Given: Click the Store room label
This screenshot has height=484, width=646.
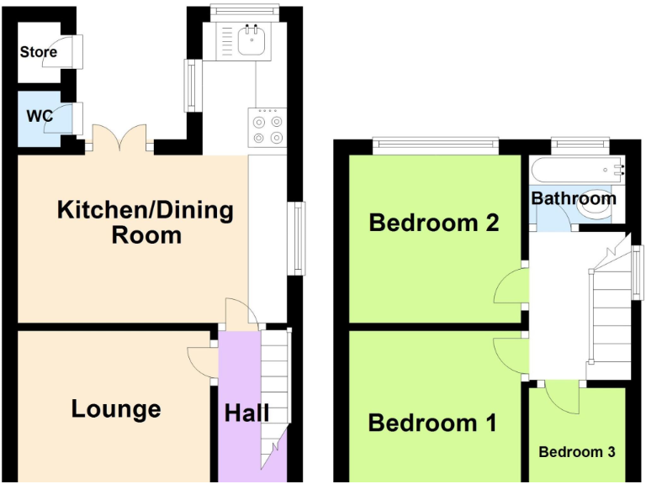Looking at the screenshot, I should click(39, 52).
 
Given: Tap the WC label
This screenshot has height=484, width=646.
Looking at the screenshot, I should click(40, 116).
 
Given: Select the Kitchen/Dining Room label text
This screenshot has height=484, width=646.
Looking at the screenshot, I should click(145, 222).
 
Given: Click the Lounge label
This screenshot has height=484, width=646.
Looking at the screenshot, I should click(116, 409).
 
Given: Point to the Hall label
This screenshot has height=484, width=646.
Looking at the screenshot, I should click(246, 413).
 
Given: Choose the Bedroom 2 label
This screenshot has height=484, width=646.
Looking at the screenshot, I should click(434, 223).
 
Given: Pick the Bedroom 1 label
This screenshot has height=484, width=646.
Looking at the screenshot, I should click(432, 423).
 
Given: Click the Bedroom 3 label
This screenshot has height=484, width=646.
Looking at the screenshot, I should click(577, 452).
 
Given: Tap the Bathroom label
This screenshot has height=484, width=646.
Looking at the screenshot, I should click(574, 198).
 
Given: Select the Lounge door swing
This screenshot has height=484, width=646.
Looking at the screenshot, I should click(201, 362).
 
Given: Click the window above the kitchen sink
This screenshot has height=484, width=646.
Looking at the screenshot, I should click(245, 11).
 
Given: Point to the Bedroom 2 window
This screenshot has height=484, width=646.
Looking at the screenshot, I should click(436, 145).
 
